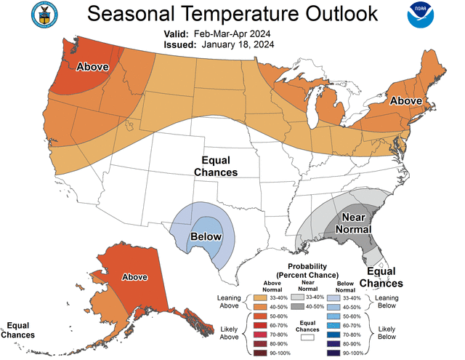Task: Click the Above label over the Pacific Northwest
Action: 93,67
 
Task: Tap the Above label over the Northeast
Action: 406,100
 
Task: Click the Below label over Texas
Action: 206,237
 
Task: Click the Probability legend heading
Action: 318,271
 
